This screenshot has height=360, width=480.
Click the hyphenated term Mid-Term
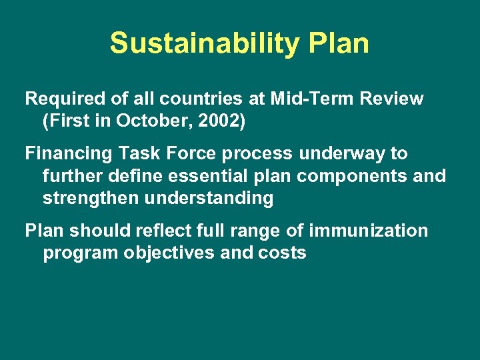(x=313, y=99)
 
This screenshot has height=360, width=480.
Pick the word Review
(x=393, y=99)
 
